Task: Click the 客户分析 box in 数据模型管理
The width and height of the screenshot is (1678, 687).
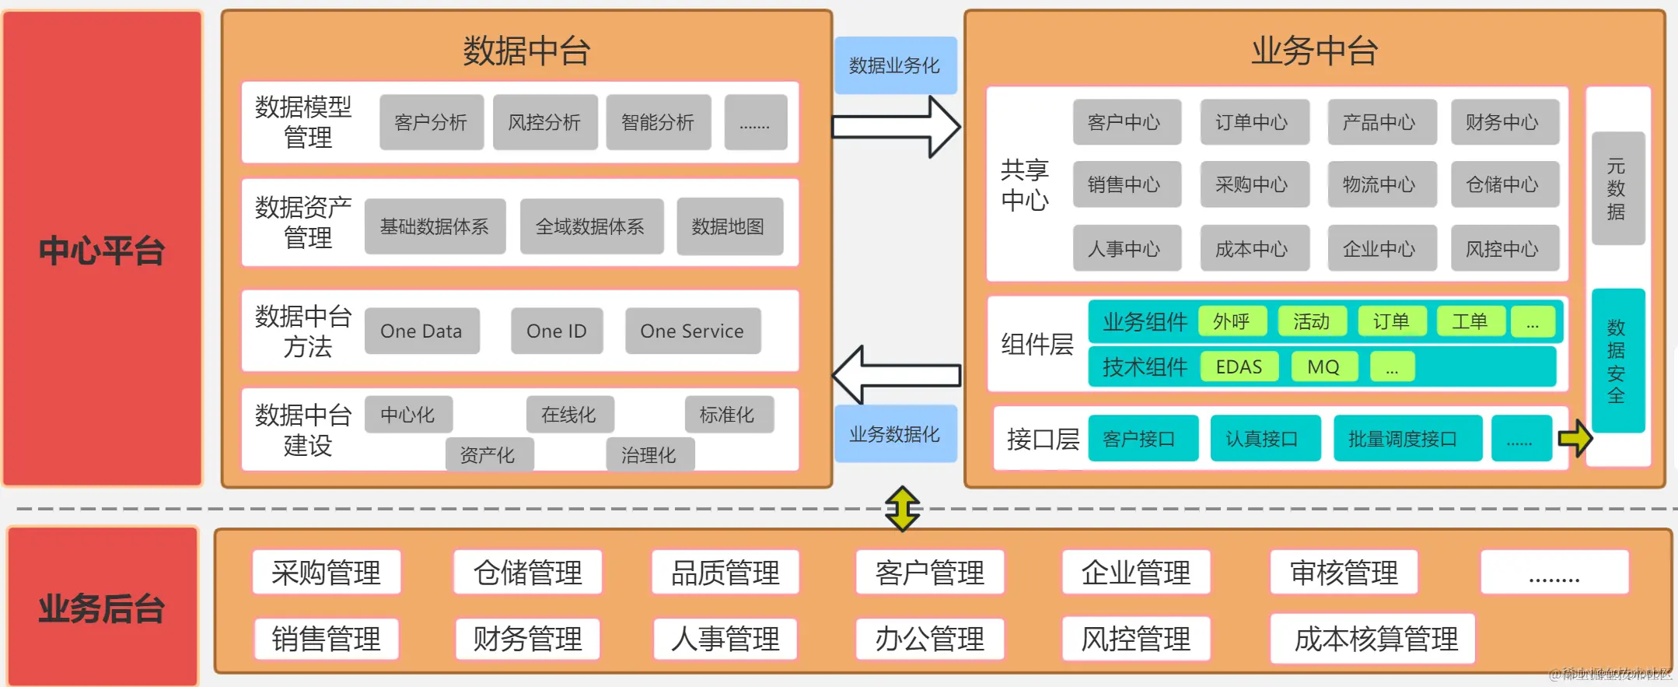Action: point(431,122)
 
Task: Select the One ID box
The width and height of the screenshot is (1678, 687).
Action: point(557,331)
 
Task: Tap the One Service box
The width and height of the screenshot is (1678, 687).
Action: point(692,331)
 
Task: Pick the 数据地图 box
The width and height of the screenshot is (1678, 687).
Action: point(729,226)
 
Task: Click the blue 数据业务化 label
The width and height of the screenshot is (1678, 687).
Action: point(895,65)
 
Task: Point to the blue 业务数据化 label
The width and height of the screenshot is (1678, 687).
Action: point(895,434)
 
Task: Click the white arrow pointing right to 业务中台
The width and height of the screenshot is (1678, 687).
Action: point(894,127)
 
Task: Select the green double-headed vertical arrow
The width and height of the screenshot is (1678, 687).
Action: point(903,509)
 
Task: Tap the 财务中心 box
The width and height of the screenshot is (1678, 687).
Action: point(1503,122)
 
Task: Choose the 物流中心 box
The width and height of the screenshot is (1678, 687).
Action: point(1380,184)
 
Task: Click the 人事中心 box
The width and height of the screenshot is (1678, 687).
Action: point(1125,249)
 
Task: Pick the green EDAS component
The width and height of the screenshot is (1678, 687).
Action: point(1239,366)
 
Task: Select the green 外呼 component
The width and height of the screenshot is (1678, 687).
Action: point(1232,321)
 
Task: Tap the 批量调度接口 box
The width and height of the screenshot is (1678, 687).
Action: point(1406,439)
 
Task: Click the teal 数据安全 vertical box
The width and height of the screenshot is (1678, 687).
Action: point(1617,361)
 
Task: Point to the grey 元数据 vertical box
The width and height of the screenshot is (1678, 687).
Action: point(1617,188)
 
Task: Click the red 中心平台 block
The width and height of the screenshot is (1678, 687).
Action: point(102,249)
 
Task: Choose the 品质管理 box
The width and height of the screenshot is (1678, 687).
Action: point(725,573)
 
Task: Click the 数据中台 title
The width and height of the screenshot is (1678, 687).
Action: point(526,51)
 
